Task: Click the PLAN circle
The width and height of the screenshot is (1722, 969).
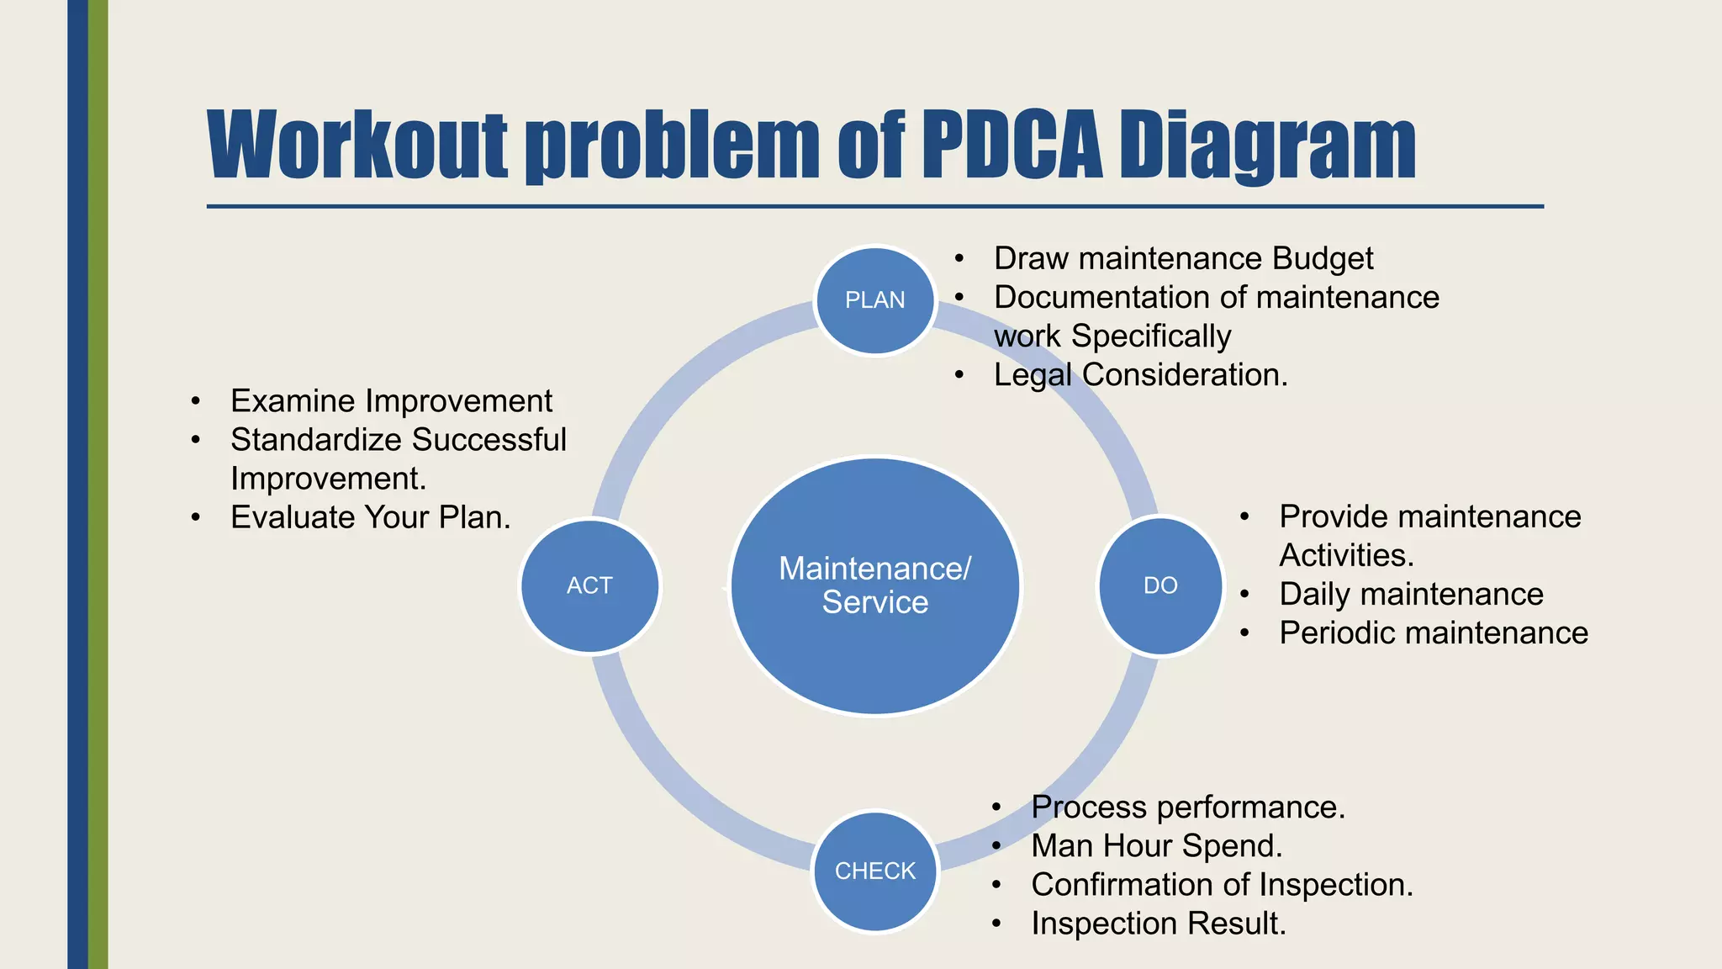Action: tap(875, 300)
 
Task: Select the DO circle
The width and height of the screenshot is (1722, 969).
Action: tap(1160, 585)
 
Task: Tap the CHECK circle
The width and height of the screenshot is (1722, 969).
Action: tap(875, 871)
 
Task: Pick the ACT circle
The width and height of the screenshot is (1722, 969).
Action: tap(589, 585)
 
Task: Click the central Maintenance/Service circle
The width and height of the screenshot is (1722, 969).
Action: tap(875, 585)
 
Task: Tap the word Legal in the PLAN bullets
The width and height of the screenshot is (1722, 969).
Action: tap(1033, 375)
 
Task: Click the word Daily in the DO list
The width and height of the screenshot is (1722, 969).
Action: tap(1314, 595)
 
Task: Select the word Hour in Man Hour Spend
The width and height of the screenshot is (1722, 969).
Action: tap(1139, 846)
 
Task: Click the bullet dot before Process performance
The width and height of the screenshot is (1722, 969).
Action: tap(996, 808)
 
